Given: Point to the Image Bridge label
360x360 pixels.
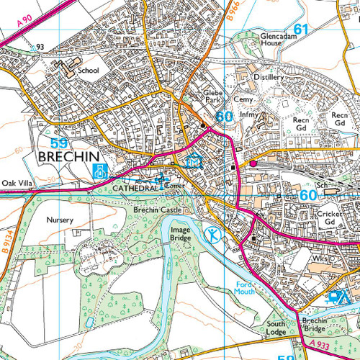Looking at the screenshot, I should click(180, 234).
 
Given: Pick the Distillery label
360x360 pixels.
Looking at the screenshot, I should click(270, 76).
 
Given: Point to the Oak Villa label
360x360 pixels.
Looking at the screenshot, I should click(18, 183).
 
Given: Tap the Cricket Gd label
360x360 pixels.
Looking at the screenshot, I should click(330, 218).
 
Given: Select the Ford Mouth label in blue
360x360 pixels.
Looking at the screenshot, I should click(245, 288).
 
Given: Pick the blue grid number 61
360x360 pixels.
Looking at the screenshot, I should click(300, 30).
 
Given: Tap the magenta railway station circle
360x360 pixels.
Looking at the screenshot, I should click(253, 163).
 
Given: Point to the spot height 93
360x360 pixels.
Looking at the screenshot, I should click(41, 48).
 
